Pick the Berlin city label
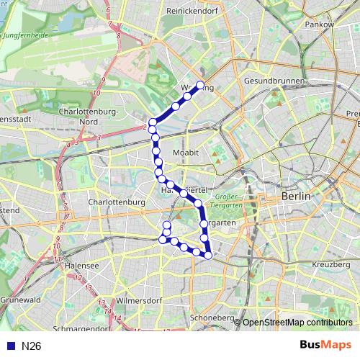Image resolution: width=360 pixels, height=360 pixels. point(296,196)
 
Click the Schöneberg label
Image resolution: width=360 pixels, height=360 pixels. point(209,318)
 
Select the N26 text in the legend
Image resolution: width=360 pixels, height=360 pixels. point(31,346)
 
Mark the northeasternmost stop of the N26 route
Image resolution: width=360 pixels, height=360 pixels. point(200,85)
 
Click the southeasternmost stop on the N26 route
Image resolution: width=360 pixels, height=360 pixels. point(209,255)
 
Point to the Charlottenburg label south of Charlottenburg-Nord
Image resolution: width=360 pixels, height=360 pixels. point(117,203)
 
